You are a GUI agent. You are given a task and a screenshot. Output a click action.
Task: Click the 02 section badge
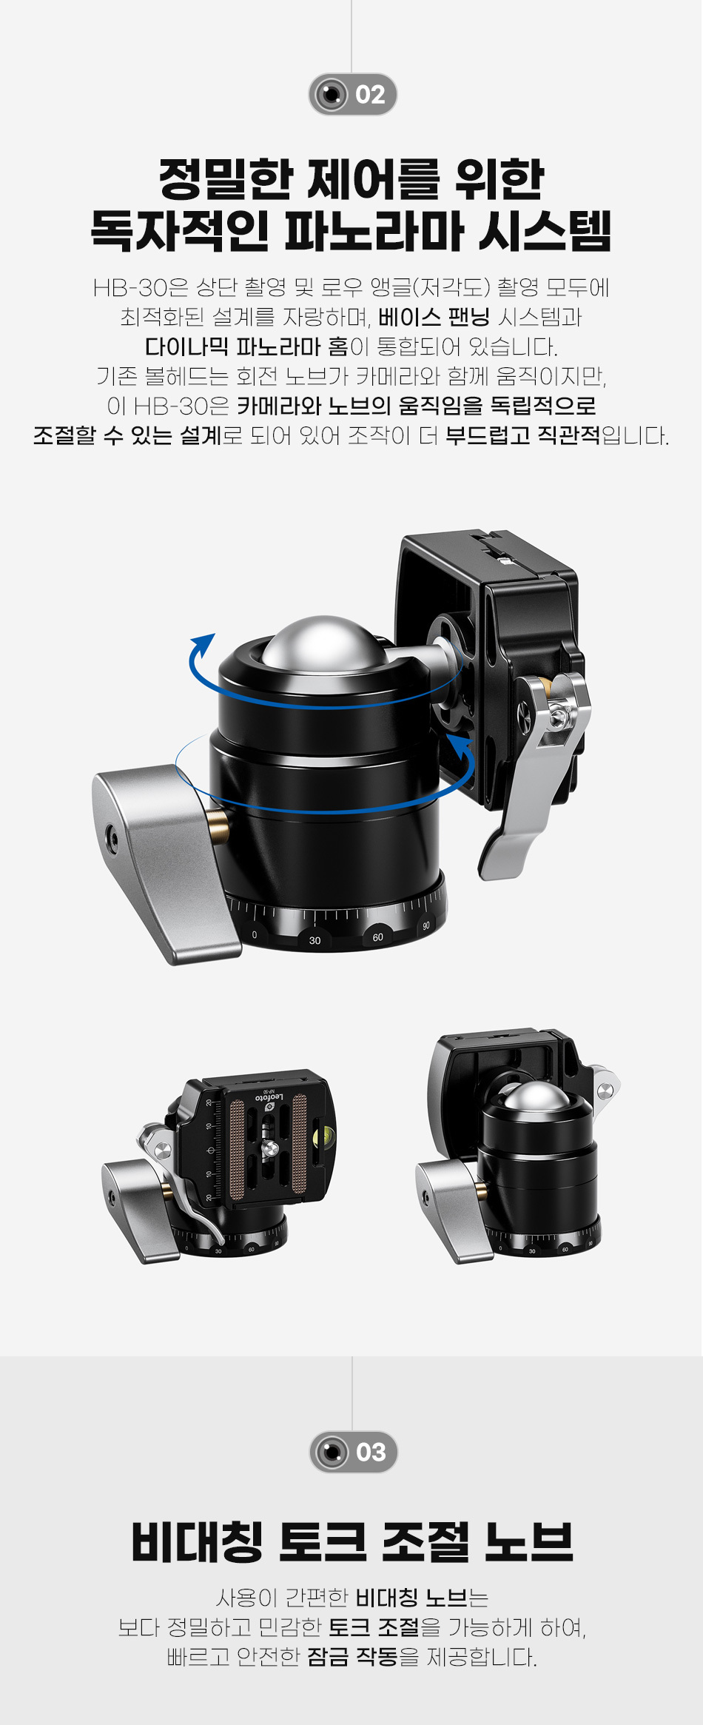tap(352, 94)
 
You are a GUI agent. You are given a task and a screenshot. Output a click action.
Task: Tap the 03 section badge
tap(353, 1452)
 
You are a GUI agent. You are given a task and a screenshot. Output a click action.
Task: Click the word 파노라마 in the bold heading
tap(374, 230)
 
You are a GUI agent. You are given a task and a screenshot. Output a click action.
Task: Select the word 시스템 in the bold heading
tap(544, 230)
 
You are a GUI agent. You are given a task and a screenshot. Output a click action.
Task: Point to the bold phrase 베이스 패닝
tap(434, 317)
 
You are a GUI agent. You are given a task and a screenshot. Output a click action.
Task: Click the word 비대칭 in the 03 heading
tap(197, 1542)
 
